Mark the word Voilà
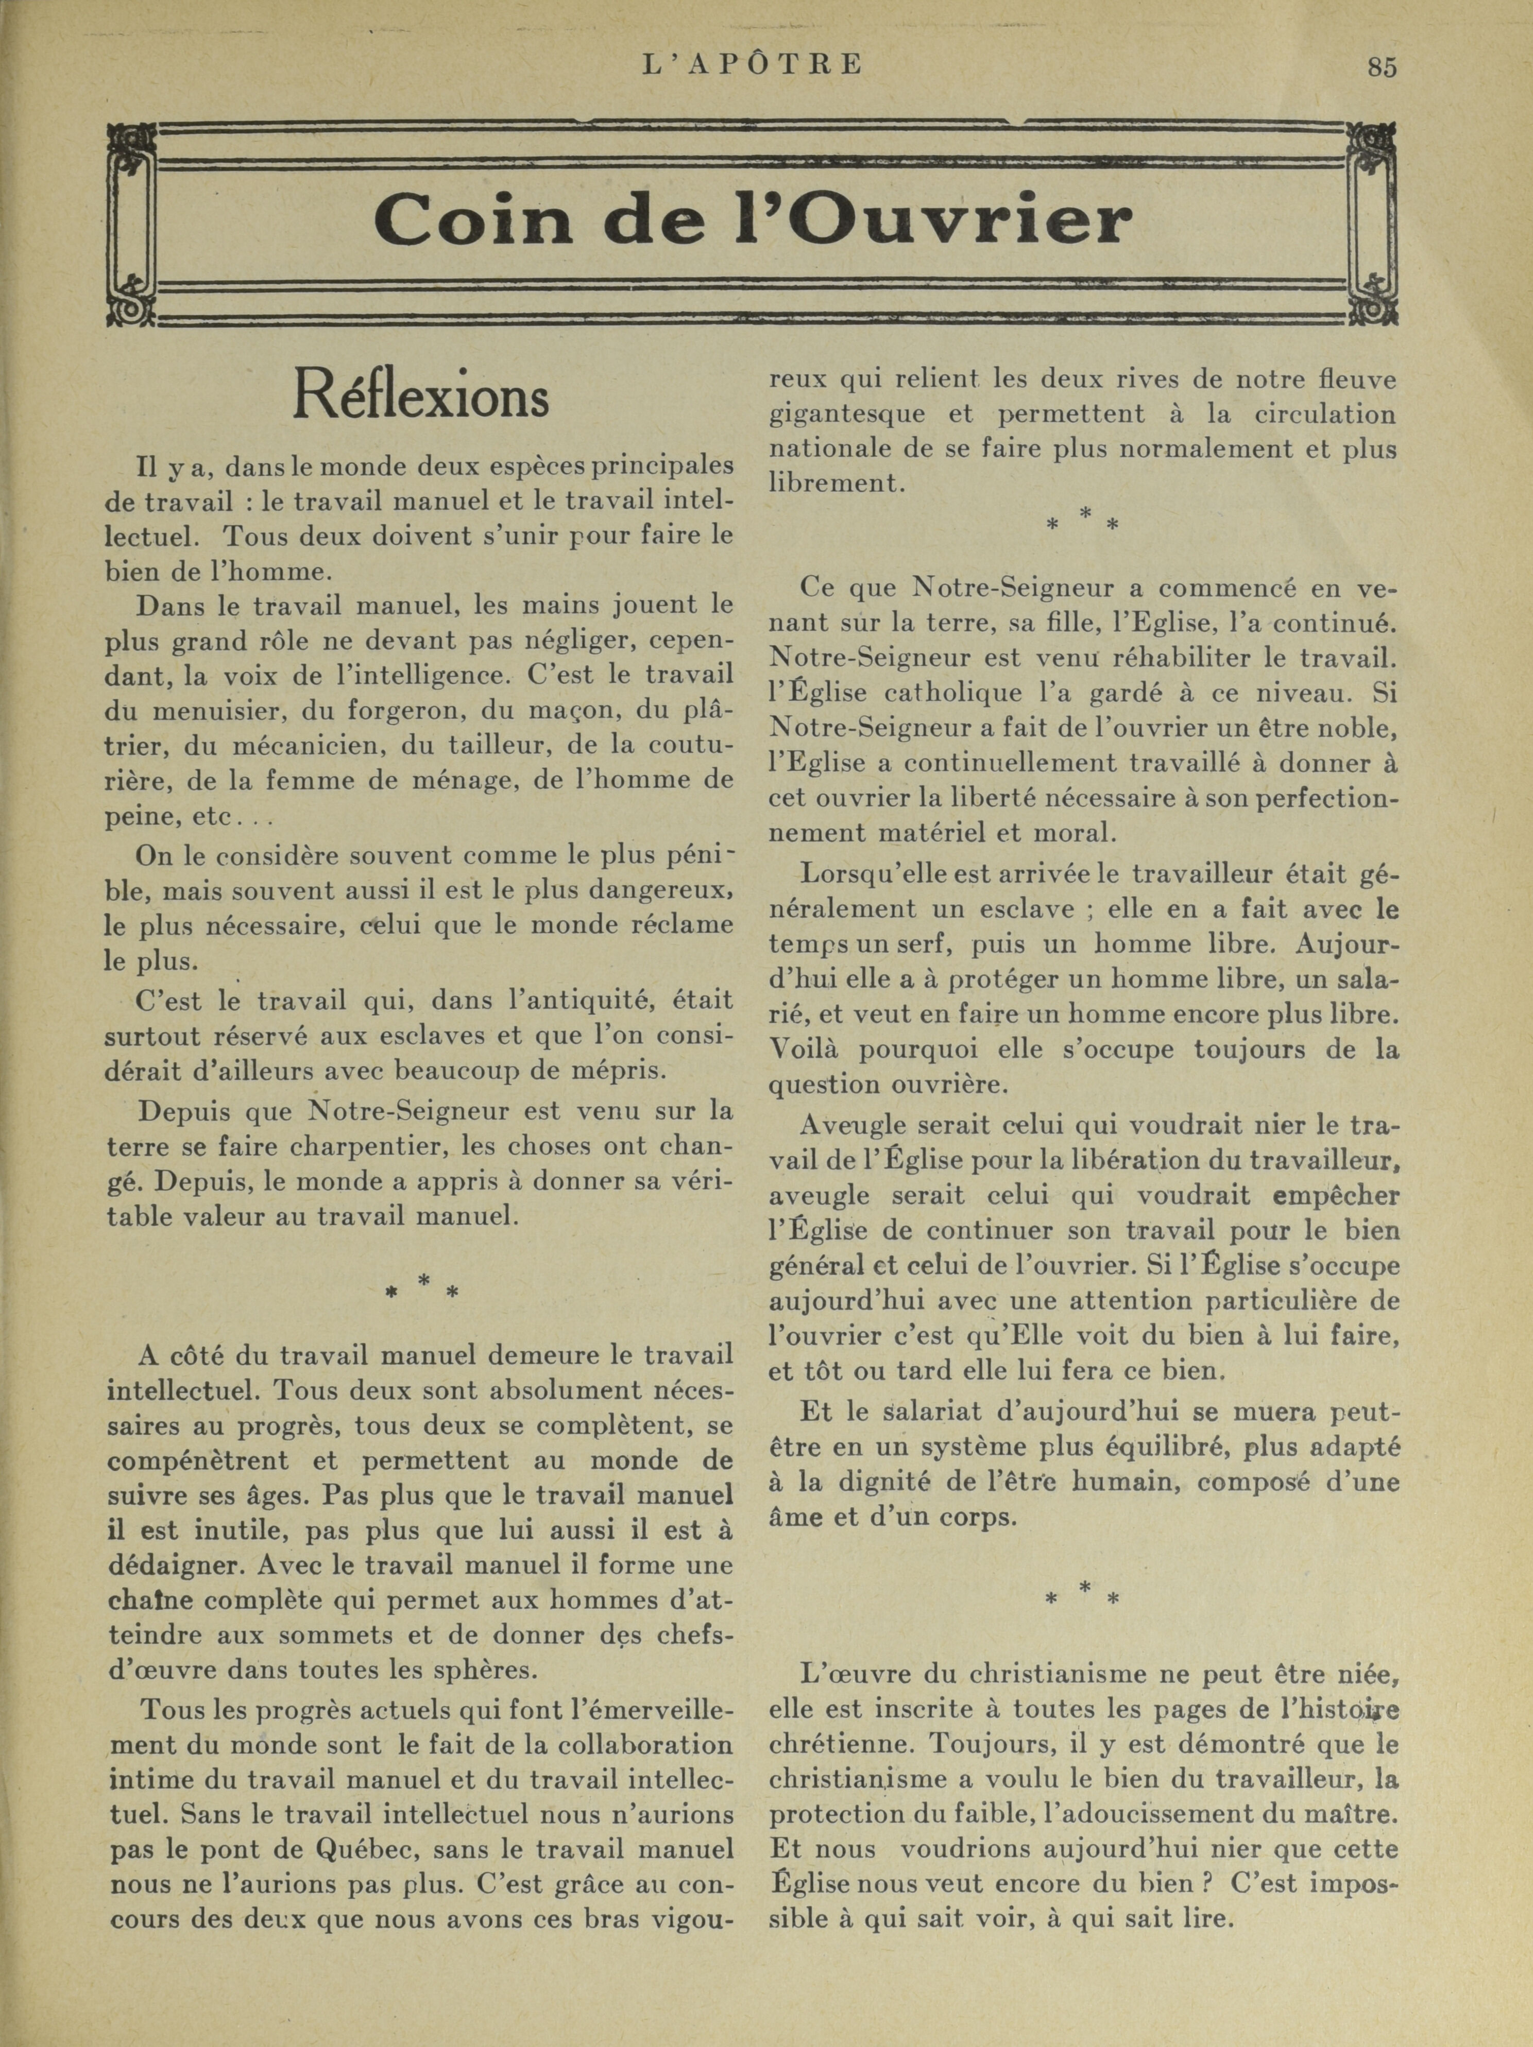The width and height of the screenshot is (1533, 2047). pyautogui.click(x=805, y=1051)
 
